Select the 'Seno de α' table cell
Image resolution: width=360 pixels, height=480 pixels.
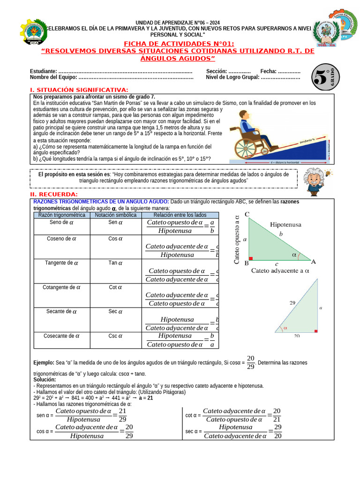[61, 223]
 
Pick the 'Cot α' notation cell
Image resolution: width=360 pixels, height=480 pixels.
[115, 287]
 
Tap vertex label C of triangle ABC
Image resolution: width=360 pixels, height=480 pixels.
[247, 215]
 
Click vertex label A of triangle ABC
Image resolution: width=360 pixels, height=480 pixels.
[313, 262]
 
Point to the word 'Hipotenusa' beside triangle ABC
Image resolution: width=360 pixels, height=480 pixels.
[285, 225]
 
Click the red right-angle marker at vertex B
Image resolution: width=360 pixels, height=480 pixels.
[251, 258]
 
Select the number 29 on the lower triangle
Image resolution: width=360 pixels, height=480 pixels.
[292, 303]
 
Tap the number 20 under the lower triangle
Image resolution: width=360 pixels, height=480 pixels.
[296, 336]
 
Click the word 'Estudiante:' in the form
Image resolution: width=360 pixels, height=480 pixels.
[44, 71]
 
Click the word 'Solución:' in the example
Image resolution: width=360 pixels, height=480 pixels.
[45, 379]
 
